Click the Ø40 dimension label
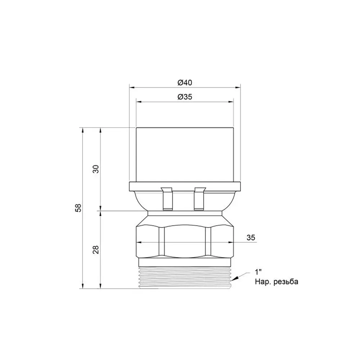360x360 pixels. pos(185,82)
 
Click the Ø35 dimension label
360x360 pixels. pos(185,97)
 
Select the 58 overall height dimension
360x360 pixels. pos(78,208)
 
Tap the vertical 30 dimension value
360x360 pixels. pos(96,169)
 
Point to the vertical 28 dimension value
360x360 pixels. pos(96,249)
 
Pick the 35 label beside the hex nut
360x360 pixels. pos(251,237)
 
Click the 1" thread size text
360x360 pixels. pos(258,272)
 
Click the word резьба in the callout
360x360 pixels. pos(286,282)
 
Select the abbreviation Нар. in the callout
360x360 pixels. pos(263,282)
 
